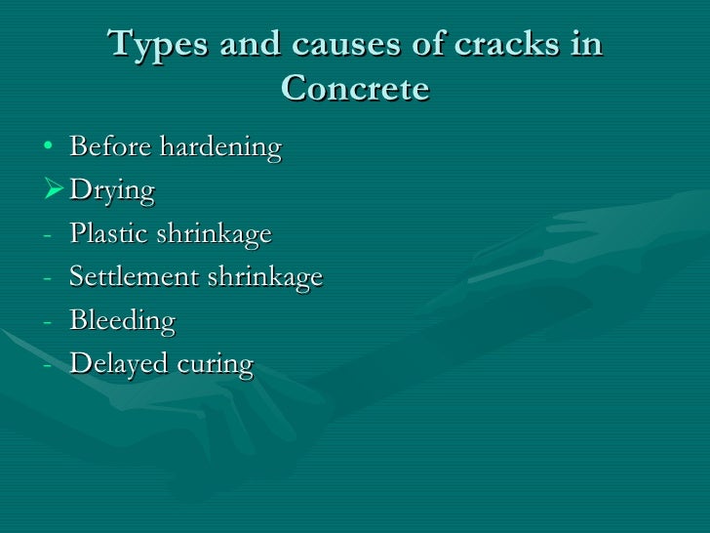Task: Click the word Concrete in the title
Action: tap(355, 89)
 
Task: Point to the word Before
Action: tap(109, 148)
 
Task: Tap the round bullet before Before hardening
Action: tap(48, 149)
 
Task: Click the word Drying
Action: tap(112, 192)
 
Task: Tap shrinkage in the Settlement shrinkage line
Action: tap(264, 278)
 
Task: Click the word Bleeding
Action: tap(122, 321)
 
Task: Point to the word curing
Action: tap(216, 365)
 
